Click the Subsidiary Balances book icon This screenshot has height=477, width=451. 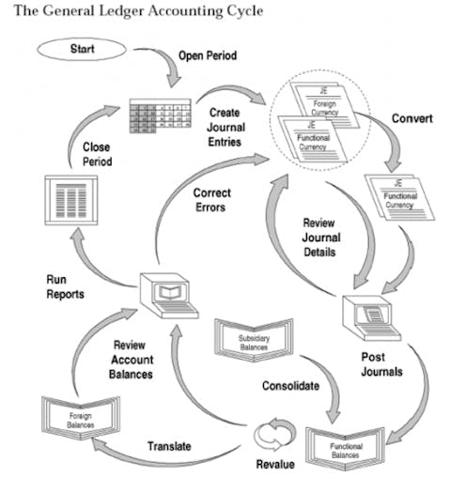click(253, 338)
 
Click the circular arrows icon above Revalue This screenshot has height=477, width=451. click(274, 433)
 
